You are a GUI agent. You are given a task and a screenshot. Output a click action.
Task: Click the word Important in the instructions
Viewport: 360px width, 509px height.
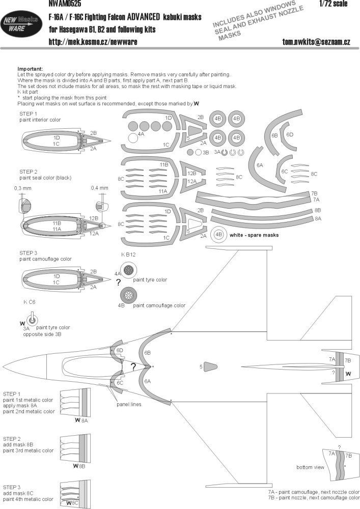(30, 68)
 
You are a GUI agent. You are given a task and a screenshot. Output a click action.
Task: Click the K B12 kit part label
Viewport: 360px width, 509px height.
(128, 253)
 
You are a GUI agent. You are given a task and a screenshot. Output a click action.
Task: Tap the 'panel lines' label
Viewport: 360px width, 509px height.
(128, 404)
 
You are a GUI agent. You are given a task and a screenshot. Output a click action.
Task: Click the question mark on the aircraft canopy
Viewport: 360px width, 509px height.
(133, 366)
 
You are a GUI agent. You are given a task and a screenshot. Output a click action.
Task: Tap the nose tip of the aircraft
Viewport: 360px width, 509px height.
(3, 366)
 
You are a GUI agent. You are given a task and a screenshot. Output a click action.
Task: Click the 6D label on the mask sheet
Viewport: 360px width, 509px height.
(289, 134)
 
